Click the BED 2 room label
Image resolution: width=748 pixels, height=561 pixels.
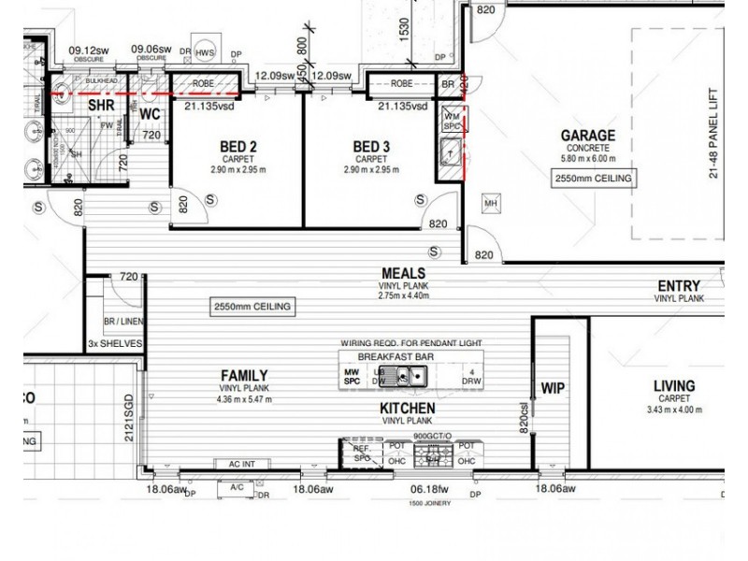click(239, 147)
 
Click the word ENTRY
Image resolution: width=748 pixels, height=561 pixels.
click(679, 286)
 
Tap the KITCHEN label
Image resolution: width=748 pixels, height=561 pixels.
click(407, 409)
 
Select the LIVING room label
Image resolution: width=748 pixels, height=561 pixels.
click(673, 385)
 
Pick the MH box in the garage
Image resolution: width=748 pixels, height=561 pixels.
click(489, 202)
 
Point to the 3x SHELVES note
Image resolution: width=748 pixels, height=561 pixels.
click(113, 343)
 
